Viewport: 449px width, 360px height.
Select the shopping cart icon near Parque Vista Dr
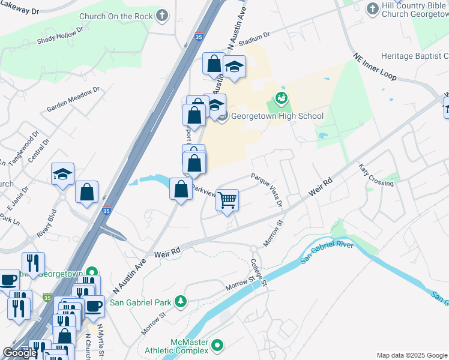(227, 200)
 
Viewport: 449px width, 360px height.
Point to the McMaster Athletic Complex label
(177, 346)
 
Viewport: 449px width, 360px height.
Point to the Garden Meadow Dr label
(73, 100)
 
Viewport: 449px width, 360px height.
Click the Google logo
(20, 353)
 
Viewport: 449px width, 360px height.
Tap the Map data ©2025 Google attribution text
(411, 355)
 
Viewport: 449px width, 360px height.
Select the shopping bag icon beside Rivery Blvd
(87, 193)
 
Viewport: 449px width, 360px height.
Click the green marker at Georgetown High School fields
(280, 97)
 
